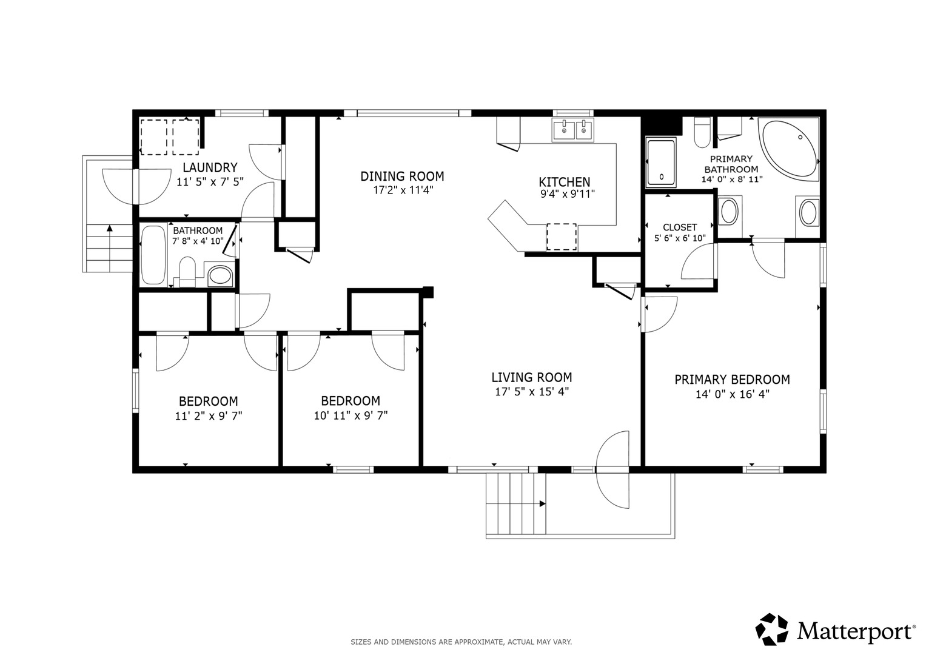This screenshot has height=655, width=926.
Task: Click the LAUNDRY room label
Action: click(210, 167)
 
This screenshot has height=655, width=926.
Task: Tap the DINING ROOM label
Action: click(402, 176)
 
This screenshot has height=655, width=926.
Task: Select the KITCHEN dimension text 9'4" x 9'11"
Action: click(568, 193)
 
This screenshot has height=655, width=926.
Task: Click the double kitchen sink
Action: click(572, 130)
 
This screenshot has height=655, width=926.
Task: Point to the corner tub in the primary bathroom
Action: click(789, 150)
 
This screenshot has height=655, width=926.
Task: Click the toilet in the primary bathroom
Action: click(702, 132)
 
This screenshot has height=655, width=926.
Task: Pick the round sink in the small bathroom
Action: click(220, 275)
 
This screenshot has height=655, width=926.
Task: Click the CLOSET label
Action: click(680, 227)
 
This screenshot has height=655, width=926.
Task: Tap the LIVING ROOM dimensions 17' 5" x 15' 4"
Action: click(532, 391)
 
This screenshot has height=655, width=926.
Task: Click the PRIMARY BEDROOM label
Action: click(732, 379)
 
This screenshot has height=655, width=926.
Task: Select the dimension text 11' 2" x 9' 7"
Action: click(209, 415)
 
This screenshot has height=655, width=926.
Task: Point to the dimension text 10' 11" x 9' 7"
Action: click(351, 415)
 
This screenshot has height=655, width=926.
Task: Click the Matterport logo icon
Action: click(772, 629)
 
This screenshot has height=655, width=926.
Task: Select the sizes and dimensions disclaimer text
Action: click(461, 642)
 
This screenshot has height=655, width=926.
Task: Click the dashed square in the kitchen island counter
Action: click(562, 237)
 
